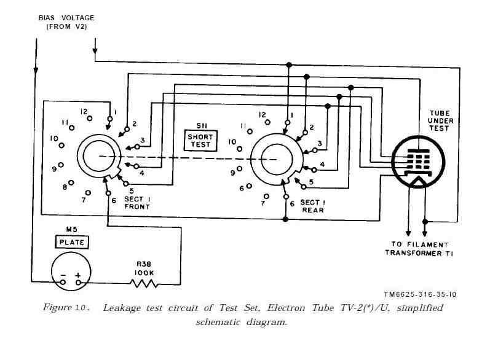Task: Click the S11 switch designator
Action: click(199, 124)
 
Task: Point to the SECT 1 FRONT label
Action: click(136, 203)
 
